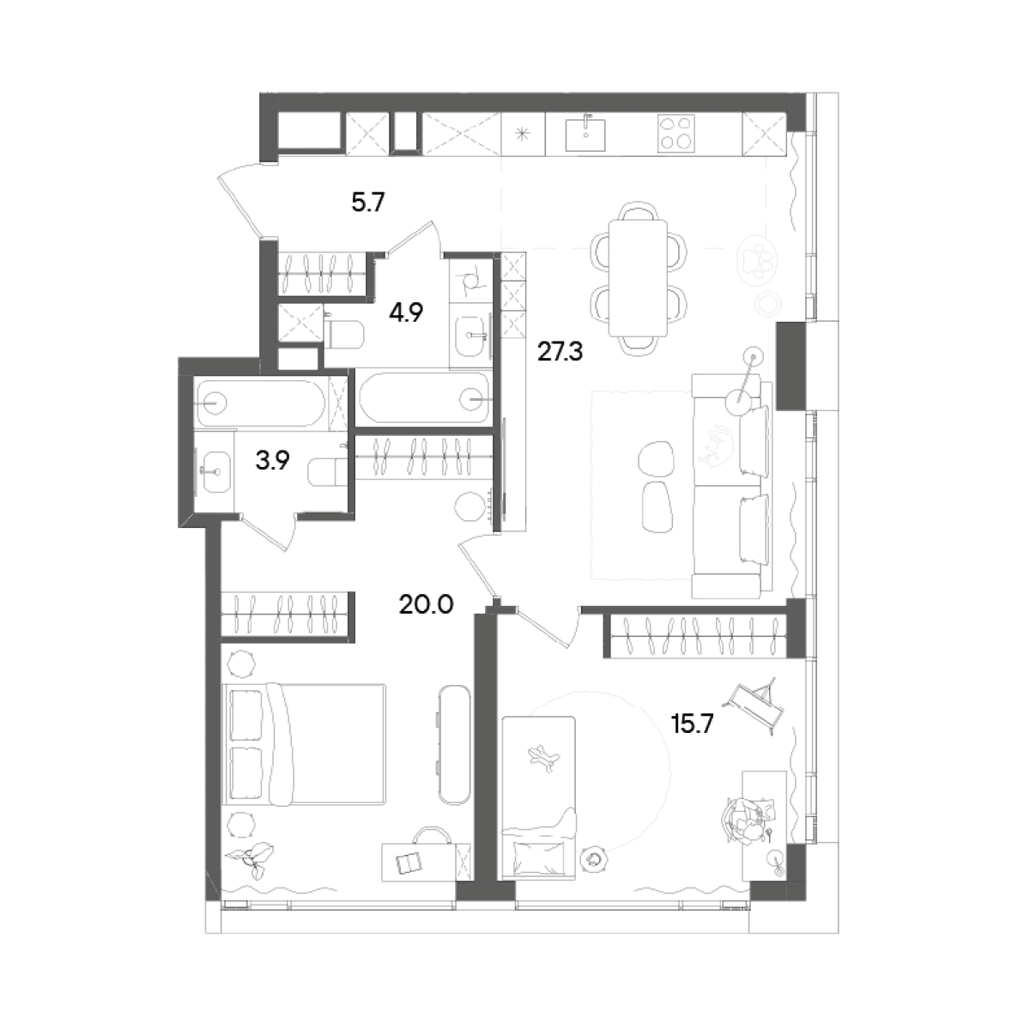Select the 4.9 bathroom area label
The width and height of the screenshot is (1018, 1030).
(406, 309)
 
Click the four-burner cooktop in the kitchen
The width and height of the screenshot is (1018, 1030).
(676, 134)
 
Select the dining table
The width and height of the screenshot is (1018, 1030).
(638, 278)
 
